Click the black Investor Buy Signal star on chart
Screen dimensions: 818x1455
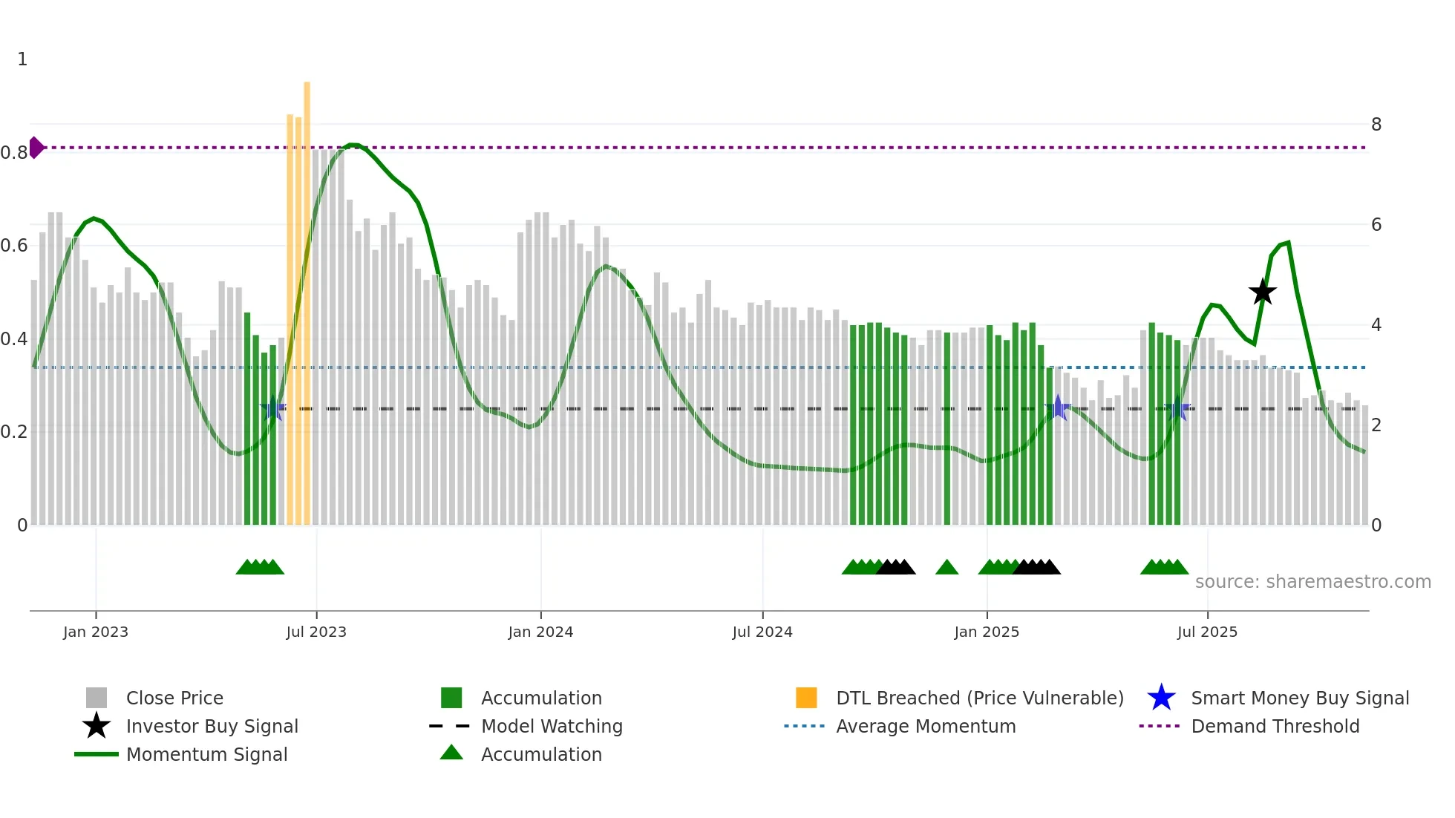pos(1262,292)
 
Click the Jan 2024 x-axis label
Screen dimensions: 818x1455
pos(540,632)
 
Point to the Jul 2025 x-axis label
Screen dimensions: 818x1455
pos(1207,632)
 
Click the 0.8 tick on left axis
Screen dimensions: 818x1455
pos(14,153)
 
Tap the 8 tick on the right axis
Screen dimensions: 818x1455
pos(1376,125)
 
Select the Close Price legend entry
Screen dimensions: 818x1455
pos(174,698)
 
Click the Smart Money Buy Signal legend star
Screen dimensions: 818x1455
pos(1161,698)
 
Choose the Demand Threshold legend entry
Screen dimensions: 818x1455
pos(1275,726)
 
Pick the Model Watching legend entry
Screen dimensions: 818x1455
pos(552,726)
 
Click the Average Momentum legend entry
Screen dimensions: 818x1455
pos(926,726)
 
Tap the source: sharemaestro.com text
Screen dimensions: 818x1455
pos(1312,582)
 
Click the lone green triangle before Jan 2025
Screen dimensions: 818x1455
pos(946,568)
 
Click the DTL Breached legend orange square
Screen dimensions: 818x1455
pos(806,698)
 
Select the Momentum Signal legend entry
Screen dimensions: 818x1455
pos(206,754)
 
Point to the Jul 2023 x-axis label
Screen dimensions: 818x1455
pos(316,632)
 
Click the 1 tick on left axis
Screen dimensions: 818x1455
pos(22,59)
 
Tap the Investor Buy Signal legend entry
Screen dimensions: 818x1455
pos(212,726)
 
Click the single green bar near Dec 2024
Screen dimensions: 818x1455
pos(947,431)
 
